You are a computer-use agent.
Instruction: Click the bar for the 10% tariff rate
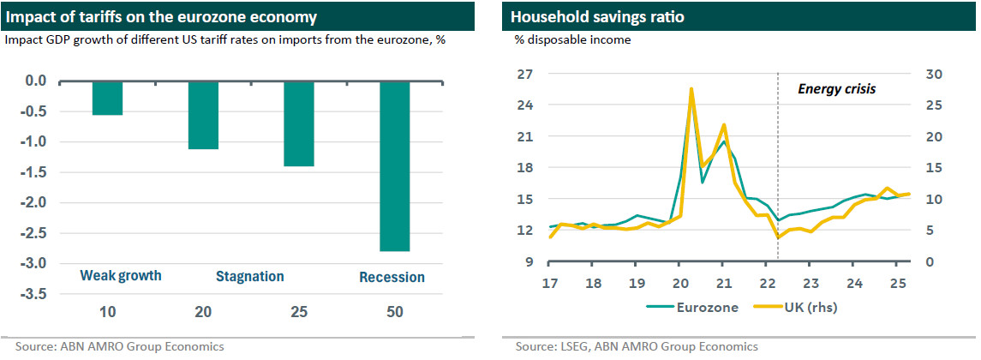pos(107,98)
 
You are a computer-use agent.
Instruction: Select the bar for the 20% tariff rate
pos(203,115)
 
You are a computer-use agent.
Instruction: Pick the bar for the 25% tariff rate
pos(299,123)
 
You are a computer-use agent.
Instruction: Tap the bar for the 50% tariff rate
pos(395,165)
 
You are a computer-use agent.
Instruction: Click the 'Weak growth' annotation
pos(121,276)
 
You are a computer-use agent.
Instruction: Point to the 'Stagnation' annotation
pos(249,276)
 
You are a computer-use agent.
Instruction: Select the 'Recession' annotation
pos(392,277)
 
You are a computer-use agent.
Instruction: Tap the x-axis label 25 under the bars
pos(299,314)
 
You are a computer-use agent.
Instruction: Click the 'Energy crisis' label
pos(837,88)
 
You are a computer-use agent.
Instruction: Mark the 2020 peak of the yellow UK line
pos(691,89)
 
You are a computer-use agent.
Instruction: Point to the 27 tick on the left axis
pos(525,75)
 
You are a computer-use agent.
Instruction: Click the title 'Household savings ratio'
pos(586,16)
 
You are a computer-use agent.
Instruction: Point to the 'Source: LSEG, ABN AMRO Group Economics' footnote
pos(636,347)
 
